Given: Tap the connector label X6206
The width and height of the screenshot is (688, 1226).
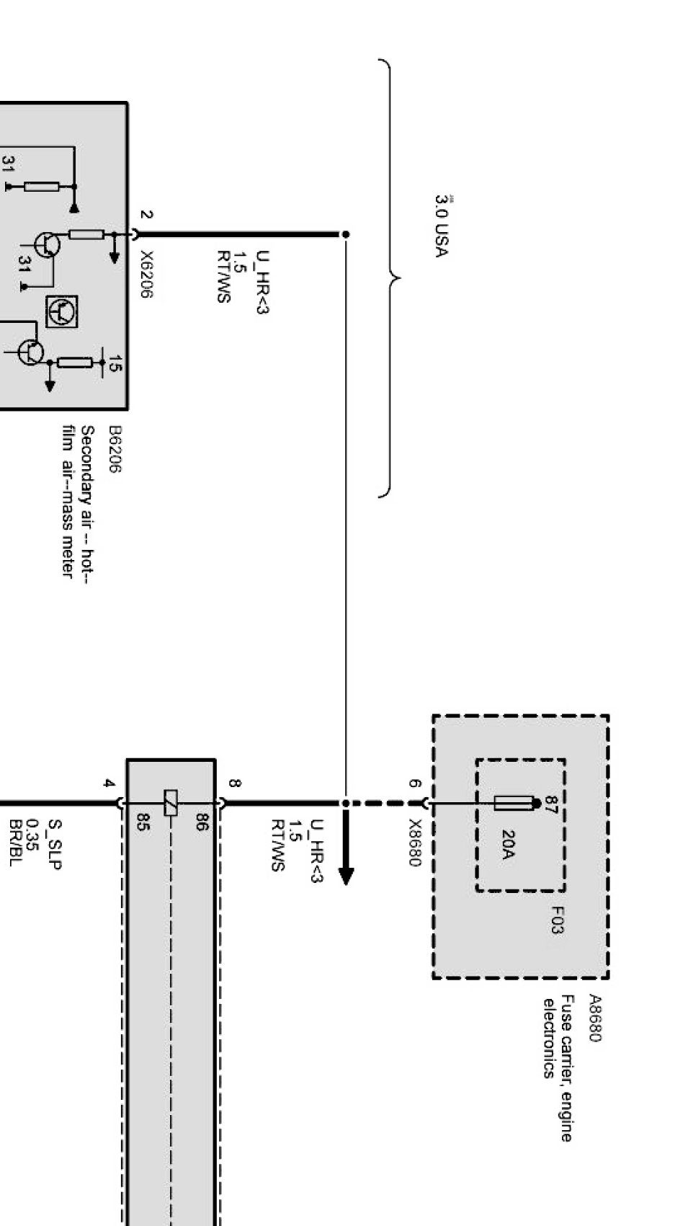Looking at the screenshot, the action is [146, 275].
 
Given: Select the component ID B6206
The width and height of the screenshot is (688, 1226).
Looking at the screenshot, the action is [115, 448].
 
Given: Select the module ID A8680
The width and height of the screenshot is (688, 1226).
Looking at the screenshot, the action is [594, 1018].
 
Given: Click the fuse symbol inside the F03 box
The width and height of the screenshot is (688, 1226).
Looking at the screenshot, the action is [514, 803].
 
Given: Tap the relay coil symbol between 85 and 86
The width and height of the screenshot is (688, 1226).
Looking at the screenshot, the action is [171, 803].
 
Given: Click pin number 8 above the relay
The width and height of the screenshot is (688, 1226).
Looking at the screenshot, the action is [234, 783].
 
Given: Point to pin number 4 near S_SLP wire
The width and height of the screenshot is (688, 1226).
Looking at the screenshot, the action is [109, 783].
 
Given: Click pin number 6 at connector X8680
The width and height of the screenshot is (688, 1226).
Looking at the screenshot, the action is [414, 783].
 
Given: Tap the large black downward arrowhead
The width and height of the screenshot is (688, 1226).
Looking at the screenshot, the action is [346, 874].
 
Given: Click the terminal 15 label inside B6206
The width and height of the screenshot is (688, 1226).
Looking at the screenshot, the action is [114, 366].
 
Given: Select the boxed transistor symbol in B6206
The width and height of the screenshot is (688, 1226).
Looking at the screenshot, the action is [62, 312].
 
